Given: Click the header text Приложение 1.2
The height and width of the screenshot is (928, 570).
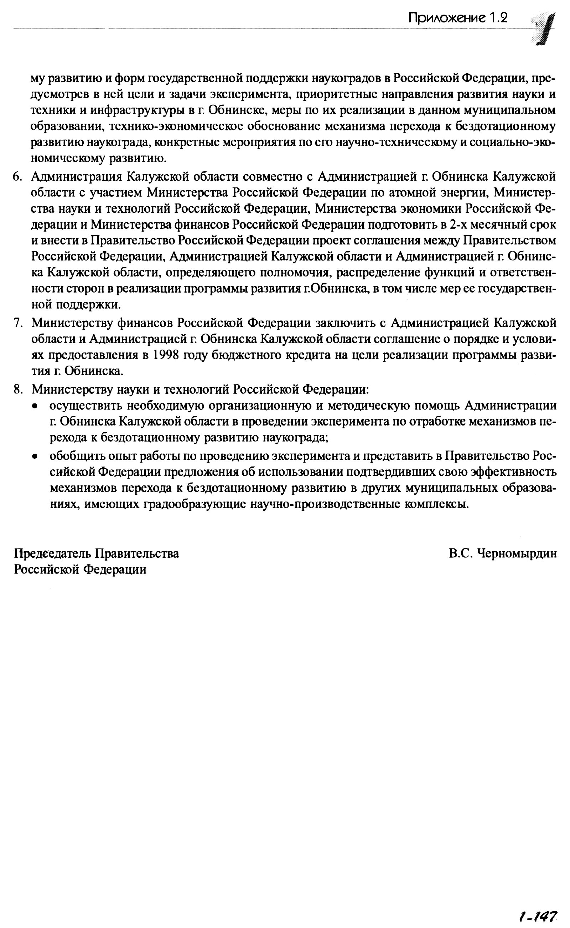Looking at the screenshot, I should (458, 18).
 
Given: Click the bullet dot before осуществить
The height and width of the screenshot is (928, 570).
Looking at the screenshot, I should (35, 406).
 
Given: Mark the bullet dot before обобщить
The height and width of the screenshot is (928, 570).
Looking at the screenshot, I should (35, 457).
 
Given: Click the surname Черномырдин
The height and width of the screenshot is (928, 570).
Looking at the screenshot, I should (517, 553).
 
